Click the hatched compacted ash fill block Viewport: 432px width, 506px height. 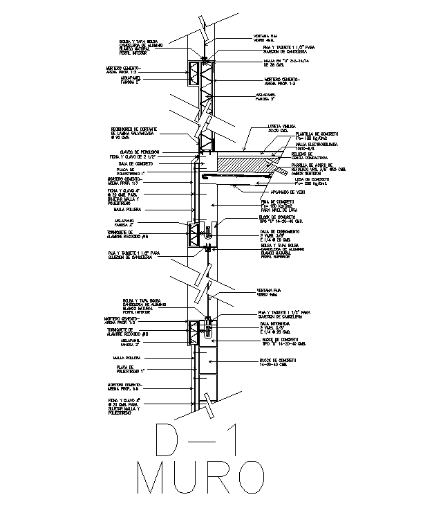pos(242,165)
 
